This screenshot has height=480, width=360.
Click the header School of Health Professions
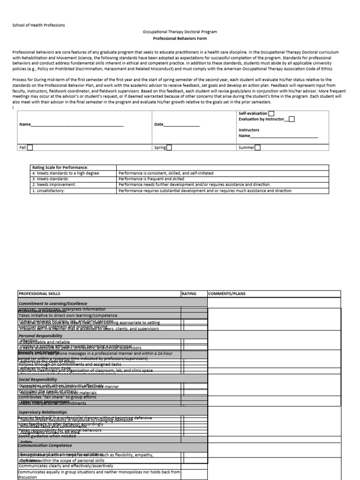pos(39,25)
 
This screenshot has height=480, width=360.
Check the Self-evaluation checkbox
pos(271,113)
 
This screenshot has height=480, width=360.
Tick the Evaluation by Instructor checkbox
pos(292,119)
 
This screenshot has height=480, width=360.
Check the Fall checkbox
pos(30,148)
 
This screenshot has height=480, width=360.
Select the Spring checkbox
pos(169,148)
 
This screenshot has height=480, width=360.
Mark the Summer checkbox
pos(257,148)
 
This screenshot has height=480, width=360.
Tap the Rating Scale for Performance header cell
pos(60,167)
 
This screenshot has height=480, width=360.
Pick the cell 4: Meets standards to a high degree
pos(66,173)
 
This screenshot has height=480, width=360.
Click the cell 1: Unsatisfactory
pos(48,191)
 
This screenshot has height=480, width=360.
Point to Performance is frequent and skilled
pos(151,179)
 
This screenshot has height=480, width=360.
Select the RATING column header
pos(188,294)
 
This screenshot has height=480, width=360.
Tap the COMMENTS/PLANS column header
pos(226,294)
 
